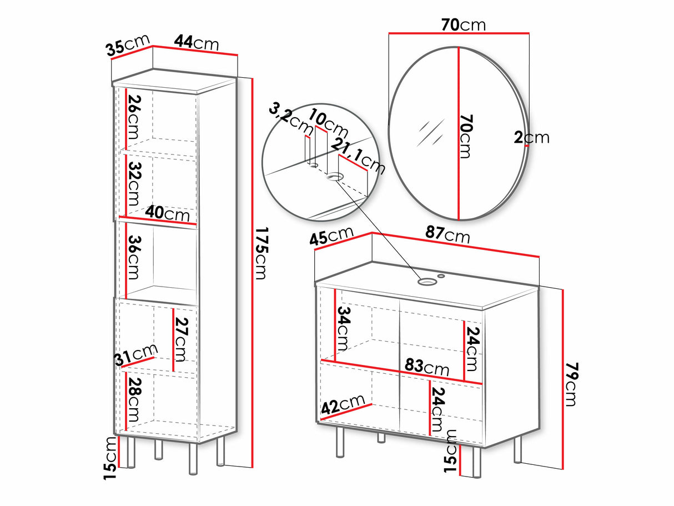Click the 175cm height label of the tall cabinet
262,253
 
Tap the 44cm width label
197,42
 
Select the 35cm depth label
128,45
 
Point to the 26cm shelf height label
134,117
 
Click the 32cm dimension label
134,183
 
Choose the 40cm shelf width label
167,213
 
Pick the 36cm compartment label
134,257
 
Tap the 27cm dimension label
181,339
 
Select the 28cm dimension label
134,399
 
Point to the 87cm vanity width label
447,235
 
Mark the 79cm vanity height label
572,384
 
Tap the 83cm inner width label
427,367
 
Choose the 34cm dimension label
344,328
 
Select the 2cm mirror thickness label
531,137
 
